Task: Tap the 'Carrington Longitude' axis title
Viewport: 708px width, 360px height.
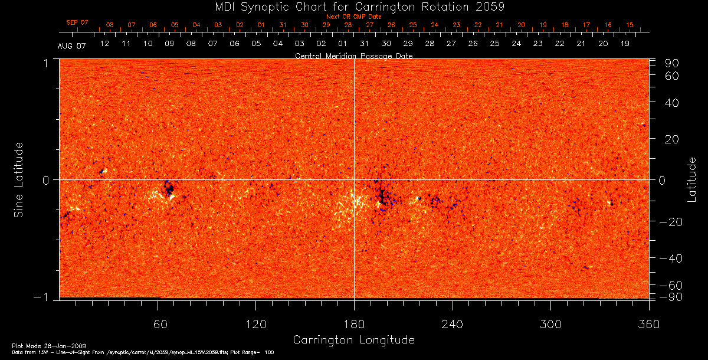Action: [353, 340]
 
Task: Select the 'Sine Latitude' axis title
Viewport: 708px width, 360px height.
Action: [19, 179]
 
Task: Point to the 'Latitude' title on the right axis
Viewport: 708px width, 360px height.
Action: [691, 179]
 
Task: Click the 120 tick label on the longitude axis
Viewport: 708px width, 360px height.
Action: [255, 325]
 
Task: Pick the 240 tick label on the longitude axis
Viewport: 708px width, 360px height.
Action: [452, 325]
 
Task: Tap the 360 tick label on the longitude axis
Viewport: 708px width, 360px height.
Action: [648, 325]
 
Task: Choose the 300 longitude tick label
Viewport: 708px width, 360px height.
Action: [550, 325]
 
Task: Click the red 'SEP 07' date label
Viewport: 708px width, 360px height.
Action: [77, 22]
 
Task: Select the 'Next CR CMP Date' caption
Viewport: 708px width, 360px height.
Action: [353, 17]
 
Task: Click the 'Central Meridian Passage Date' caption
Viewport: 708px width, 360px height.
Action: [353, 55]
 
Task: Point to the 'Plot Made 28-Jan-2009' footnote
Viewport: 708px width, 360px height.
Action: [41, 345]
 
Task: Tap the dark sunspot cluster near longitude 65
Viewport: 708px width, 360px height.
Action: [169, 189]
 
